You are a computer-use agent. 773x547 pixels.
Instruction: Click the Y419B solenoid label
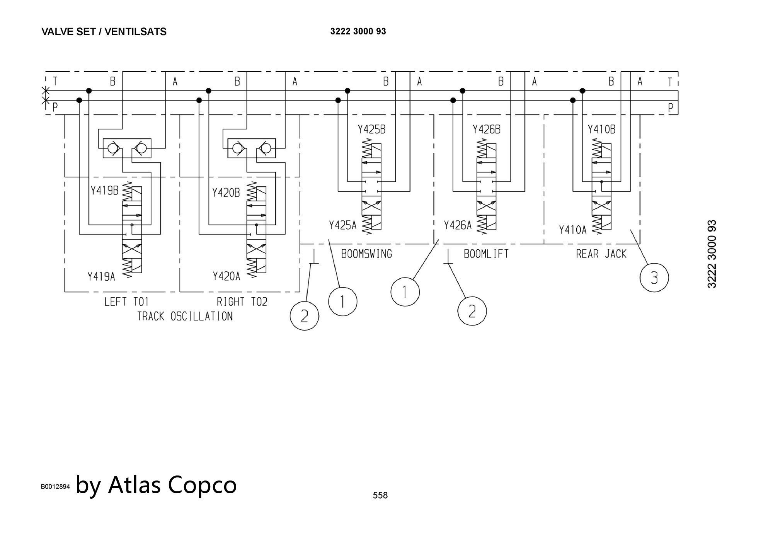[104, 191]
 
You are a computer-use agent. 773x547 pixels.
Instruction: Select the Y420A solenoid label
[226, 276]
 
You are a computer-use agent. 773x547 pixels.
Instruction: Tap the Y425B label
[371, 130]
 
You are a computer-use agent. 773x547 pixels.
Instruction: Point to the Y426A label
[458, 225]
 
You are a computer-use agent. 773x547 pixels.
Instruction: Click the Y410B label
[601, 130]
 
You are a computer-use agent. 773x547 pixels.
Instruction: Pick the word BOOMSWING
[366, 254]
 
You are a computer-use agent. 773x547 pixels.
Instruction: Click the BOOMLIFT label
[486, 254]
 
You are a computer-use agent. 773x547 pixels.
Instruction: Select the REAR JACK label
[601, 254]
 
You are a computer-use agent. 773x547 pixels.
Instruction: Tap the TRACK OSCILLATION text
[185, 316]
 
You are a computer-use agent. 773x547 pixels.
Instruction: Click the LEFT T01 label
[126, 302]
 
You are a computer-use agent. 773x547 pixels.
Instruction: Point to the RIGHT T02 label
[242, 302]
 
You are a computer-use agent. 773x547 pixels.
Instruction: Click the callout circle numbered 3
[654, 278]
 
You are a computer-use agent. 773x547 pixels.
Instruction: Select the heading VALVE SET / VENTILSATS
[104, 32]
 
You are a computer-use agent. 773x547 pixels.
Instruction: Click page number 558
[380, 495]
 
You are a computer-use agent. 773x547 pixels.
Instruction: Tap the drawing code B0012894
[55, 487]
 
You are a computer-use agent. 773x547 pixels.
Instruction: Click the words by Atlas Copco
[156, 485]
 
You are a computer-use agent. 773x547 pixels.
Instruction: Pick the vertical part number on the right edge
[712, 254]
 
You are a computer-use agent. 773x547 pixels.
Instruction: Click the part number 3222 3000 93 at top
[358, 31]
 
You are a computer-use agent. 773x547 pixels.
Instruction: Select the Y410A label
[572, 230]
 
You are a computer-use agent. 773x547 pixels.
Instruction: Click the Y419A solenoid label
[101, 276]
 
